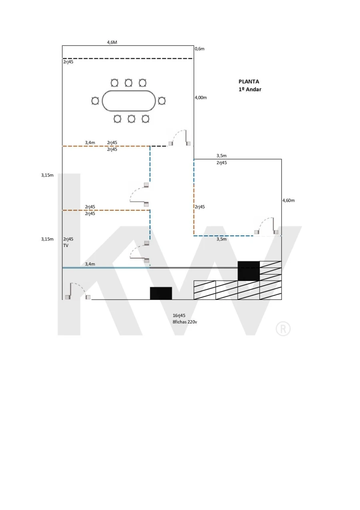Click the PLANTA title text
[249, 81]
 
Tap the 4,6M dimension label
[112, 42]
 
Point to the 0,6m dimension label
[200, 49]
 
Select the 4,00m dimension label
[201, 98]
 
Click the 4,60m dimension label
[288, 200]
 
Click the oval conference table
[128, 100]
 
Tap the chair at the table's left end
[95, 101]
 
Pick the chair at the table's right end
[162, 101]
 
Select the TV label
[66, 245]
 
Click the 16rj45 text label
[179, 315]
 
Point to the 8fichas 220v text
[185, 321]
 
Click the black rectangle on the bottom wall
[161, 293]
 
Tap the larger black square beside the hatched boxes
[248, 271]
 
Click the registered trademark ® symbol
[283, 329]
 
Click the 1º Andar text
[250, 89]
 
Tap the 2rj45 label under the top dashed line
[68, 62]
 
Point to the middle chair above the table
[128, 83]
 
